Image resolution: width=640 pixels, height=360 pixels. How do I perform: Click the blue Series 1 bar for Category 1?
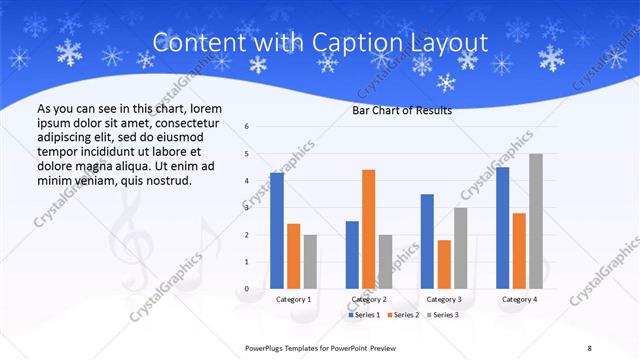[276, 230]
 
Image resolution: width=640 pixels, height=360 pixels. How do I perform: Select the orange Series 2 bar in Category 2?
[368, 229]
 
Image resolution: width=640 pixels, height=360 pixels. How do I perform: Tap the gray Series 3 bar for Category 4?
[536, 221]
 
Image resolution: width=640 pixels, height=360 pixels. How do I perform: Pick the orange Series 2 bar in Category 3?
[444, 264]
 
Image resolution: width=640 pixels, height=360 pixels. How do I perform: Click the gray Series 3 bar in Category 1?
[310, 261]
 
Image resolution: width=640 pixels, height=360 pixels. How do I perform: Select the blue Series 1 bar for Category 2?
[352, 254]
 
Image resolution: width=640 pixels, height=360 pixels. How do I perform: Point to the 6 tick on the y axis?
[247, 127]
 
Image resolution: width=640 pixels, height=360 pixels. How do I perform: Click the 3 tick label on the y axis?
[247, 208]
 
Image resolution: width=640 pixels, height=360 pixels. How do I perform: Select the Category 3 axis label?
[444, 299]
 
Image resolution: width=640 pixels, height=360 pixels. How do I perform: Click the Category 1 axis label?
[293, 299]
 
